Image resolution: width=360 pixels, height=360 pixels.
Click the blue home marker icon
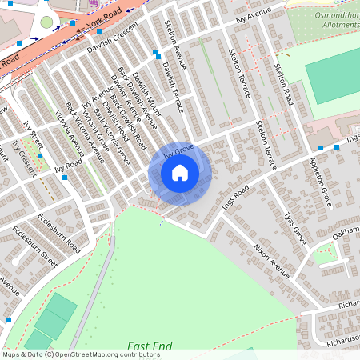180,173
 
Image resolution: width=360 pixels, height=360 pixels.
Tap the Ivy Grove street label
180,150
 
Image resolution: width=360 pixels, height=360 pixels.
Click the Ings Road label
237,194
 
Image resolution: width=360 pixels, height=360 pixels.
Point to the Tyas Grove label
295,229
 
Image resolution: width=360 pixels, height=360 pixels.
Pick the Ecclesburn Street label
35,248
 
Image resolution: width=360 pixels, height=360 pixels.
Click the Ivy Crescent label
25,158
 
